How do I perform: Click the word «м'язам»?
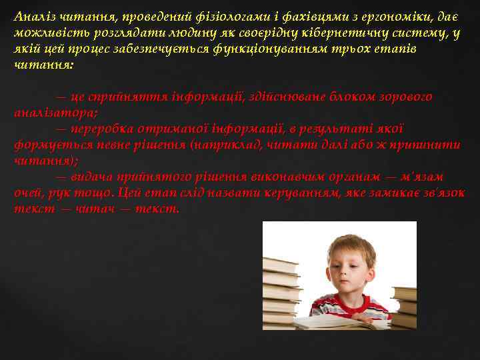coord(422,177)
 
